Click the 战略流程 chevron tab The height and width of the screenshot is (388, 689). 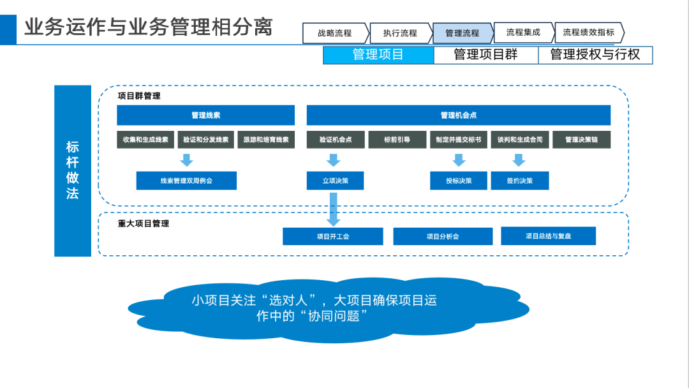pyautogui.click(x=335, y=33)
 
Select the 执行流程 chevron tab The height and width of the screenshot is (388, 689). pyautogui.click(x=400, y=33)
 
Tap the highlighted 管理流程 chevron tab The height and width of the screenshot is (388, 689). pyautogui.click(x=462, y=33)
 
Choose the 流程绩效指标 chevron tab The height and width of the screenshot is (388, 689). pyautogui.click(x=588, y=33)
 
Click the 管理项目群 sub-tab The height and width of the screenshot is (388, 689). pyautogui.click(x=485, y=55)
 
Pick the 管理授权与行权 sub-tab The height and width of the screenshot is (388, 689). pyautogui.click(x=595, y=55)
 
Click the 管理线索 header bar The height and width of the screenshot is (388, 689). pyautogui.click(x=205, y=116)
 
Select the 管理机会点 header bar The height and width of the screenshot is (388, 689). pyautogui.click(x=458, y=116)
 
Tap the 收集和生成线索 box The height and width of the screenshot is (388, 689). pyautogui.click(x=145, y=140)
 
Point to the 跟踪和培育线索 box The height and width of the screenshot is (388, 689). pyautogui.click(x=265, y=140)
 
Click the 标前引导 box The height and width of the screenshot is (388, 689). pyautogui.click(x=397, y=140)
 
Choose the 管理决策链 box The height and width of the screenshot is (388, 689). pyautogui.click(x=581, y=140)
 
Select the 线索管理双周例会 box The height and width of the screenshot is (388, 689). pyautogui.click(x=186, y=181)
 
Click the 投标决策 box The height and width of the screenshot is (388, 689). pyautogui.click(x=459, y=181)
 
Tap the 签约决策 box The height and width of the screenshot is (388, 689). pyautogui.click(x=519, y=181)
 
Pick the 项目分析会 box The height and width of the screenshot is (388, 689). pyautogui.click(x=443, y=236)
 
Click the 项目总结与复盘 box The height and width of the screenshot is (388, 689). pyautogui.click(x=548, y=236)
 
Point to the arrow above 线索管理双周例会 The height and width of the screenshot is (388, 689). pyautogui.click(x=186, y=160)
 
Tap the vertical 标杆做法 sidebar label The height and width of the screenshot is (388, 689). pyautogui.click(x=73, y=170)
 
